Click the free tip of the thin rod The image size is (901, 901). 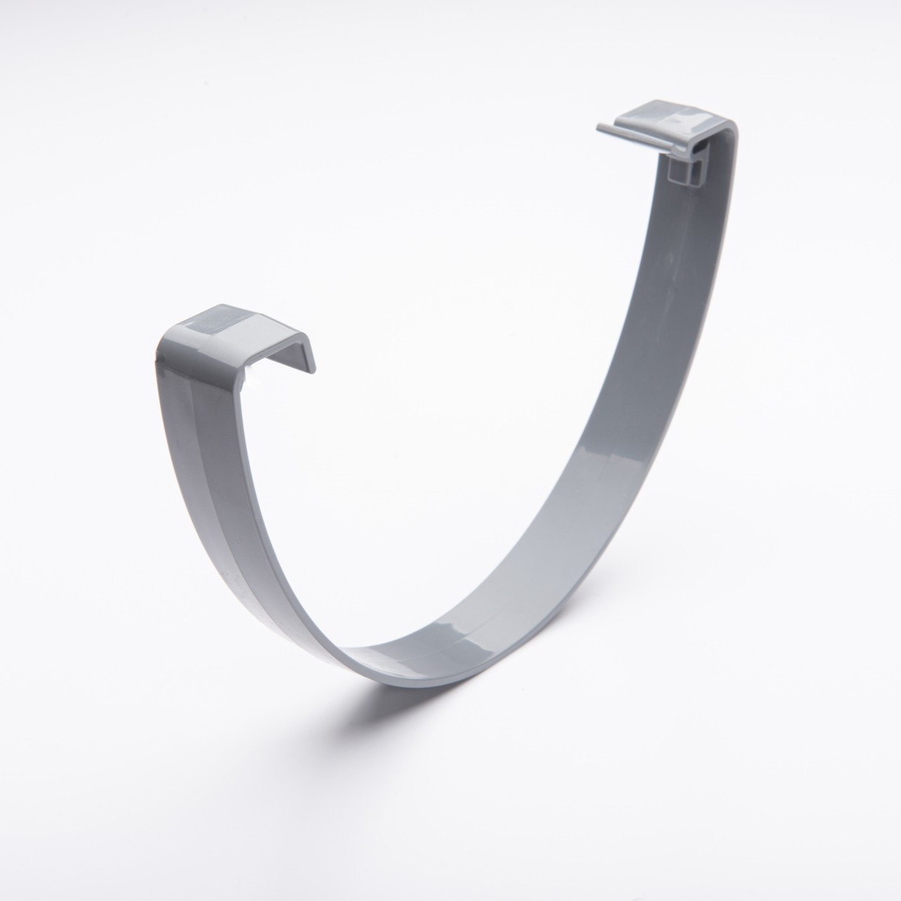pos(599,128)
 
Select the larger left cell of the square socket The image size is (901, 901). pos(678,173)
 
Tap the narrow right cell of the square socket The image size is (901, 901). pos(697,175)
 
